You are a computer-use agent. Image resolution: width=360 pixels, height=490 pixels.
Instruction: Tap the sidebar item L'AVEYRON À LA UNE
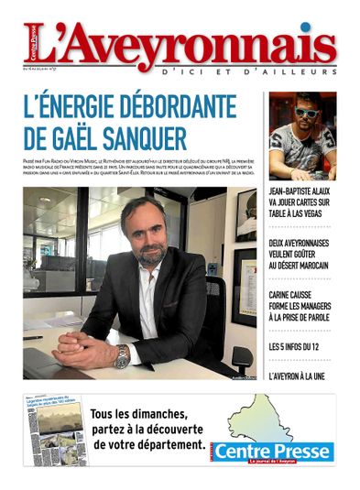pos(299,376)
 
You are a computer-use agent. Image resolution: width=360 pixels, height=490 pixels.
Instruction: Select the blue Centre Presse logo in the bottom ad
pos(288,452)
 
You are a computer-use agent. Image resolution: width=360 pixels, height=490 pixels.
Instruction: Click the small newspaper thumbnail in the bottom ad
pos(56,430)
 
